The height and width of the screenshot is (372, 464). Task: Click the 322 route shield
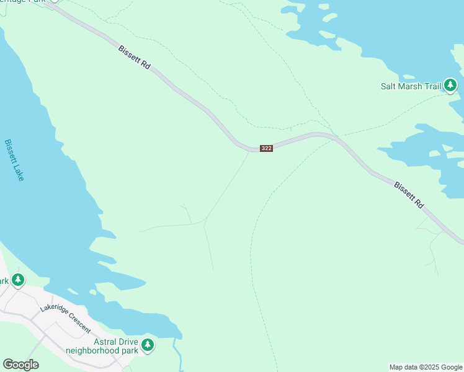tap(266, 148)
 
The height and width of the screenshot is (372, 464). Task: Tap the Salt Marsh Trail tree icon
tap(450, 86)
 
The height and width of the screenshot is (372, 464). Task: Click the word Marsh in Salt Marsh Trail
tap(411, 86)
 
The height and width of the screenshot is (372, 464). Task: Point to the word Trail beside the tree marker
tap(432, 86)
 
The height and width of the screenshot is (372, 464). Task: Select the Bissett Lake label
tap(14, 159)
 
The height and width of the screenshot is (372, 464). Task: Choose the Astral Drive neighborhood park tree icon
tap(147, 345)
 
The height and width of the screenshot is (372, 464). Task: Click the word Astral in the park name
tap(105, 342)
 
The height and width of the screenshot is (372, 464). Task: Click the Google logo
tap(20, 365)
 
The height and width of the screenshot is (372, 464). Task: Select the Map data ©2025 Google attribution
tap(426, 367)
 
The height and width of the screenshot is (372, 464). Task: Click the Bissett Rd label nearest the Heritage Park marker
tap(135, 56)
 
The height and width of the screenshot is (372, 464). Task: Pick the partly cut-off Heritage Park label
tap(25, 1)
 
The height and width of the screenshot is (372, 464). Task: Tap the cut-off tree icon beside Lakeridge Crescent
tap(18, 280)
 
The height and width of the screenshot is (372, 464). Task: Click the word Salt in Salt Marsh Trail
tap(388, 86)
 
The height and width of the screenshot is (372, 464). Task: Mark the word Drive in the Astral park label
tap(128, 342)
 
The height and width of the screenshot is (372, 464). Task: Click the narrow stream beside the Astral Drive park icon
tap(178, 356)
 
